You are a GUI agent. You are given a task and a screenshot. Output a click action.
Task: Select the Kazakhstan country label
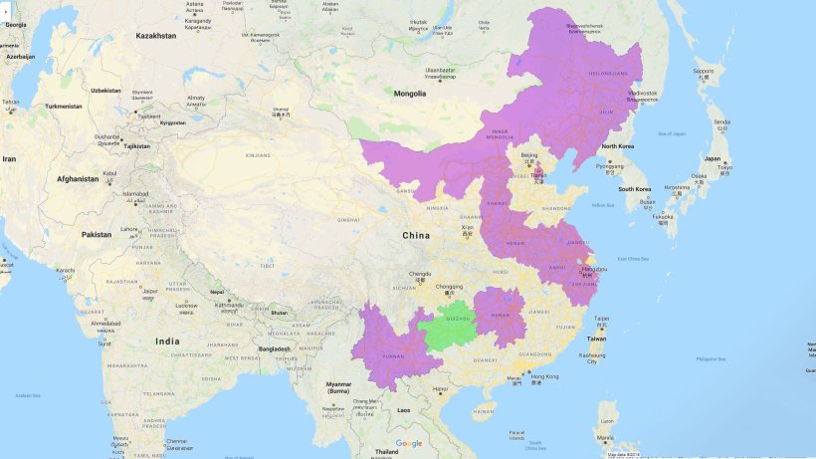pyautogui.click(x=156, y=36)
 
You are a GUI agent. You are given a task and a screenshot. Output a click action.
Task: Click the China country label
pyautogui.click(x=416, y=235)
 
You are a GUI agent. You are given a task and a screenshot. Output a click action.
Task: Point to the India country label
pyautogui.click(x=167, y=342)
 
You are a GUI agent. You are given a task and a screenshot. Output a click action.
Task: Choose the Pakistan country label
pyautogui.click(x=97, y=234)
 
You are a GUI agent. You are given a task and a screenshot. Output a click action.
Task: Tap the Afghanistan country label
pyautogui.click(x=77, y=179)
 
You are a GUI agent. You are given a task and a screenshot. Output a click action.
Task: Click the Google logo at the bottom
pyautogui.click(x=408, y=443)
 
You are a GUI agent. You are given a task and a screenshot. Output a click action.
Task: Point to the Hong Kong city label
pyautogui.click(x=544, y=376)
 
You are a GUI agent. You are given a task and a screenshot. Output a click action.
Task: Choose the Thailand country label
pyautogui.click(x=386, y=452)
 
